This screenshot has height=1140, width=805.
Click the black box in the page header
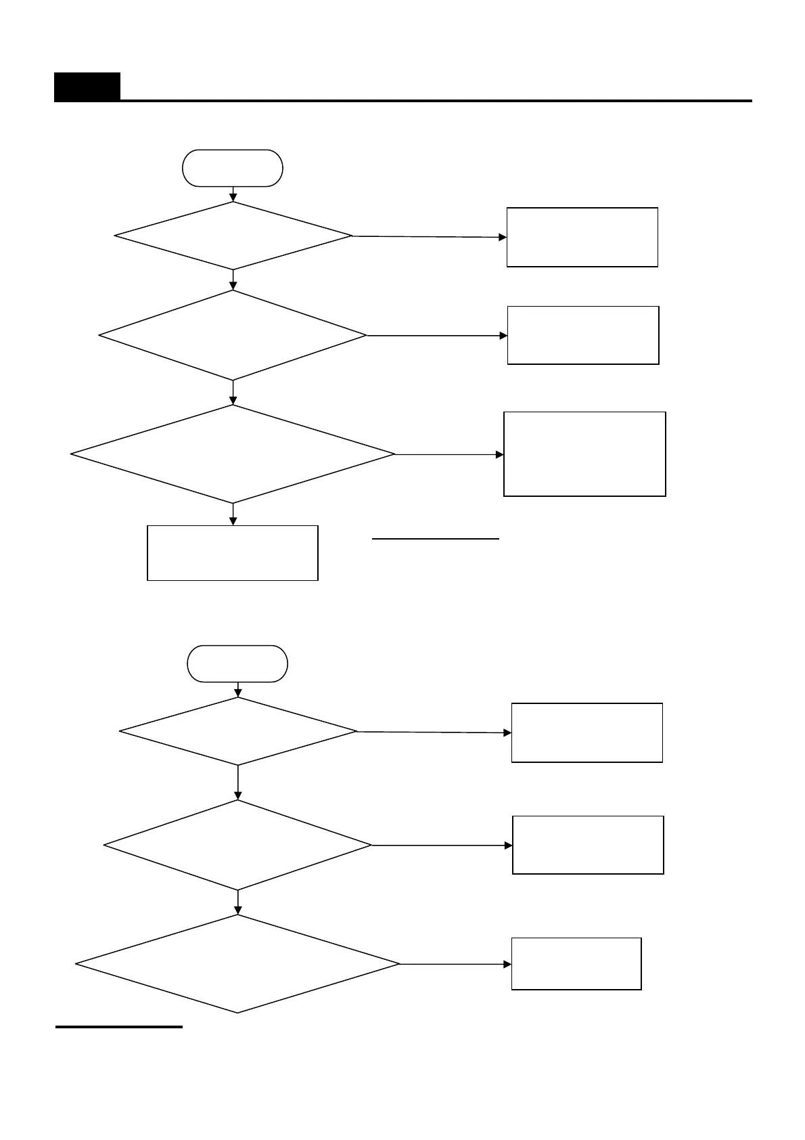[87, 87]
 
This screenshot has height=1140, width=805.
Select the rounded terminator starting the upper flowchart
[233, 168]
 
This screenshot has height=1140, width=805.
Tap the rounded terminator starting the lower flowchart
[237, 663]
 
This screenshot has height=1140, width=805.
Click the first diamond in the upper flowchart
[233, 236]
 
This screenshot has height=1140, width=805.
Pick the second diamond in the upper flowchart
[233, 335]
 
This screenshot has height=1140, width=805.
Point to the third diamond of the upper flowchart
[233, 454]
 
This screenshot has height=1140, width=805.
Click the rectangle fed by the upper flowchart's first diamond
[582, 237]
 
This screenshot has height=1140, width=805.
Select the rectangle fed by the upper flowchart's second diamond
[583, 335]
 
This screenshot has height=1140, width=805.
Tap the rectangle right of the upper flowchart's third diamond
[585, 454]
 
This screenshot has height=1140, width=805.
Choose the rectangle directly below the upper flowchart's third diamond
[233, 552]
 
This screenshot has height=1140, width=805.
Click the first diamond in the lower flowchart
[238, 731]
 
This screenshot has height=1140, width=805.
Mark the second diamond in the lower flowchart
[238, 845]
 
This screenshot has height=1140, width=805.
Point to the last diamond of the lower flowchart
[237, 964]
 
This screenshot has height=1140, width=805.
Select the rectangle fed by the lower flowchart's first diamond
[587, 732]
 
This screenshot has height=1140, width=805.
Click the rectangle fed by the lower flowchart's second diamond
[589, 845]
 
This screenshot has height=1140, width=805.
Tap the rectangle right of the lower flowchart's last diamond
[576, 964]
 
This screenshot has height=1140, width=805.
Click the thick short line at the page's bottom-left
[119, 1027]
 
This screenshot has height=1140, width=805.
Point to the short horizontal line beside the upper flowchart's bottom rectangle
[436, 540]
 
